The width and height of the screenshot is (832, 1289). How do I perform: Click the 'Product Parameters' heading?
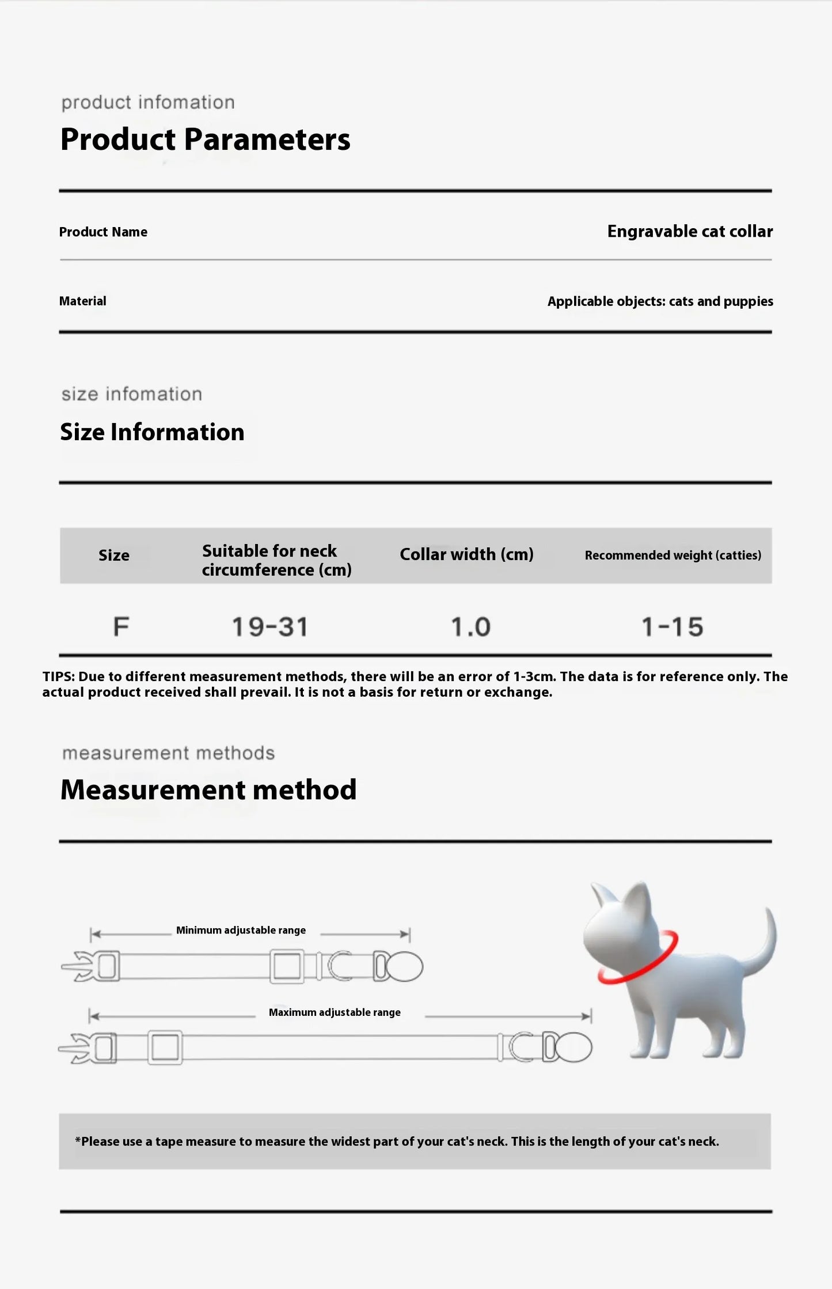[205, 139]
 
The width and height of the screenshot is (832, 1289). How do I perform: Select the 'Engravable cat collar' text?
[690, 232]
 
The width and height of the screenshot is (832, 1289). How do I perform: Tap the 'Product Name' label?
[103, 232]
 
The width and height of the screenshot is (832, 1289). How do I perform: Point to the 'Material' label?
[83, 301]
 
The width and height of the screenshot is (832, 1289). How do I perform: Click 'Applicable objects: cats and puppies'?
[660, 301]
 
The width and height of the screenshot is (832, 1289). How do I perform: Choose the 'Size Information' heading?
[152, 432]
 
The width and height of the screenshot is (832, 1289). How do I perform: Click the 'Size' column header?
[114, 555]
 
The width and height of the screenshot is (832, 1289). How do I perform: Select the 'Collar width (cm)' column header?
[466, 554]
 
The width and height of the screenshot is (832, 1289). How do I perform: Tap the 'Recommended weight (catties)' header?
[673, 555]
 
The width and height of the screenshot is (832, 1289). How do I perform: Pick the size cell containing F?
[121, 626]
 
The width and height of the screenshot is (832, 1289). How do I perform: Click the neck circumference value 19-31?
[270, 627]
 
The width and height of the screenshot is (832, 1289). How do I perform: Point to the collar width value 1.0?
[470, 627]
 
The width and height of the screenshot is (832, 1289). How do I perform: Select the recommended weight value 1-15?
[673, 627]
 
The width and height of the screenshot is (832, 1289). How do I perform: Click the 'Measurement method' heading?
[208, 790]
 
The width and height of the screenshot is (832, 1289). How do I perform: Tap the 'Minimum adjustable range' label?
[241, 931]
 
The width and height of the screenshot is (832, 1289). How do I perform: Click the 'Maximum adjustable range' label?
[335, 1013]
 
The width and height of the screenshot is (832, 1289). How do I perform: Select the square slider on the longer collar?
[165, 1048]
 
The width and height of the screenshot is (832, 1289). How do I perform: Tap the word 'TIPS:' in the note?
[58, 676]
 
